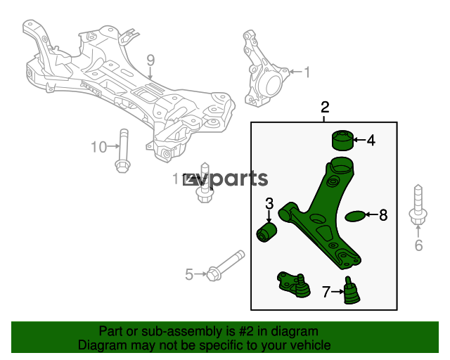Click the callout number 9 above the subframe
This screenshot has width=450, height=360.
coord(150,60)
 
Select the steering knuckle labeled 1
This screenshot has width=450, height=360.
coord(264,69)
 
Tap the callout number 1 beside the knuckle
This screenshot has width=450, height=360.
coord(307,72)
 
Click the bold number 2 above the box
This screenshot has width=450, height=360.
coord(325,108)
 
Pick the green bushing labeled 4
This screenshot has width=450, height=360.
coord(342,140)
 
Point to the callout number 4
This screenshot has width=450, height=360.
coord(371,141)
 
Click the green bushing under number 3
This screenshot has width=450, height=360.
coord(267,232)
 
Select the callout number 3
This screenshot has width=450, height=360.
coord(269,203)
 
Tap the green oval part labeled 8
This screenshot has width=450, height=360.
coord(355,217)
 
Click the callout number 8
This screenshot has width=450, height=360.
coord(383,215)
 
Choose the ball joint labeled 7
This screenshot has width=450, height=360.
coord(352,290)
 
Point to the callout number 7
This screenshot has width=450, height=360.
coord(326,292)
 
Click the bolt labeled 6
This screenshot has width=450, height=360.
coord(418,205)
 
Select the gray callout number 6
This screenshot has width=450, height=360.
coord(419,245)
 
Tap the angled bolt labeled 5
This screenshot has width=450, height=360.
coord(226,266)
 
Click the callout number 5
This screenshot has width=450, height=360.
coord(189,274)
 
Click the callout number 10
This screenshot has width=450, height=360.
coord(98,147)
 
